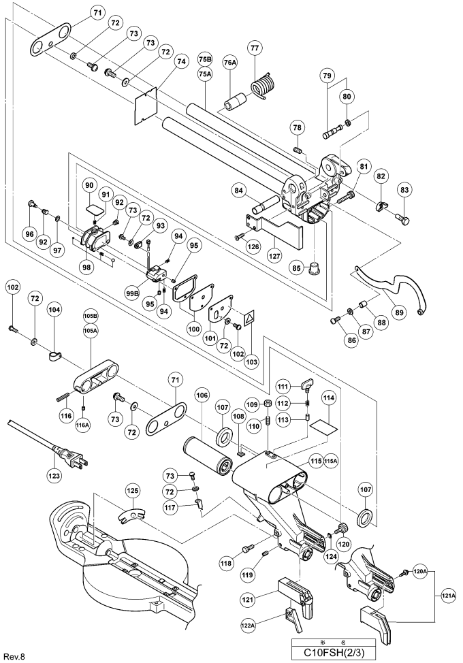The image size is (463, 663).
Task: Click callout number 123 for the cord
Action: pyautogui.click(x=55, y=476)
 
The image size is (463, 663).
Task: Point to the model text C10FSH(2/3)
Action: pyautogui.click(x=333, y=652)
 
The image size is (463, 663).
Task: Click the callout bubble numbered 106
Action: pyautogui.click(x=202, y=395)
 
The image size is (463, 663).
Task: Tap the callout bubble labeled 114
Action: pyautogui.click(x=329, y=398)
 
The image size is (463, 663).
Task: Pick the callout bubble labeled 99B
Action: pyautogui.click(x=133, y=293)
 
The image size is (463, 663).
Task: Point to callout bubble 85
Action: pyautogui.click(x=297, y=268)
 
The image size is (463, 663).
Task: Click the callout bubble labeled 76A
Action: pyautogui.click(x=230, y=63)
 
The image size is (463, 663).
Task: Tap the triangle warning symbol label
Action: pyautogui.click(x=250, y=316)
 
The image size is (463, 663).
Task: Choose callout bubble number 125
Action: pyautogui.click(x=133, y=491)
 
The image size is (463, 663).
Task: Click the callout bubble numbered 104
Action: pyautogui.click(x=54, y=310)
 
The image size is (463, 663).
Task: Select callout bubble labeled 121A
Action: pyautogui.click(x=449, y=596)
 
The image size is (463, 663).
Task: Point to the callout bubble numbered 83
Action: pyautogui.click(x=404, y=191)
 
